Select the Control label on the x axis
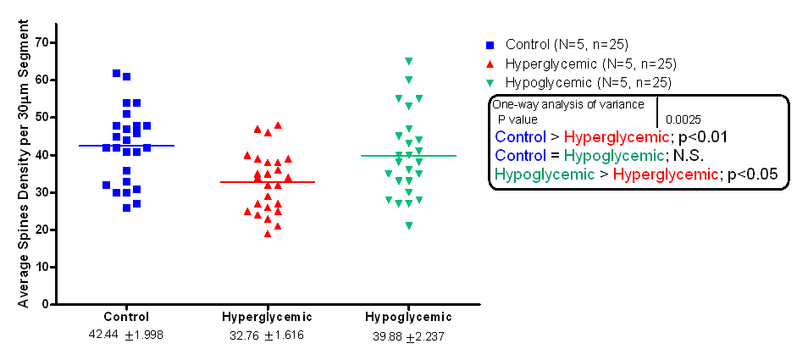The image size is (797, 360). click(x=126, y=317)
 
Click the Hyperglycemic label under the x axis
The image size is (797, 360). click(x=267, y=317)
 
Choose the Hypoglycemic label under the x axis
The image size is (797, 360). click(x=408, y=317)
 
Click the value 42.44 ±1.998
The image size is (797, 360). click(x=126, y=335)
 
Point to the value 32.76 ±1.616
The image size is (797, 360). click(x=267, y=335)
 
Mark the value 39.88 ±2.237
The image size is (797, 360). click(x=408, y=335)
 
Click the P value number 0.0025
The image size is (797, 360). click(x=683, y=120)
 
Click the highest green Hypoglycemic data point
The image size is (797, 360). click(x=409, y=61)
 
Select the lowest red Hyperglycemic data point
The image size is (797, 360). click(x=268, y=234)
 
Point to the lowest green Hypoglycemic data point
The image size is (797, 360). click(x=409, y=225)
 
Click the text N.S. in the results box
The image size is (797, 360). click(x=673, y=156)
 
